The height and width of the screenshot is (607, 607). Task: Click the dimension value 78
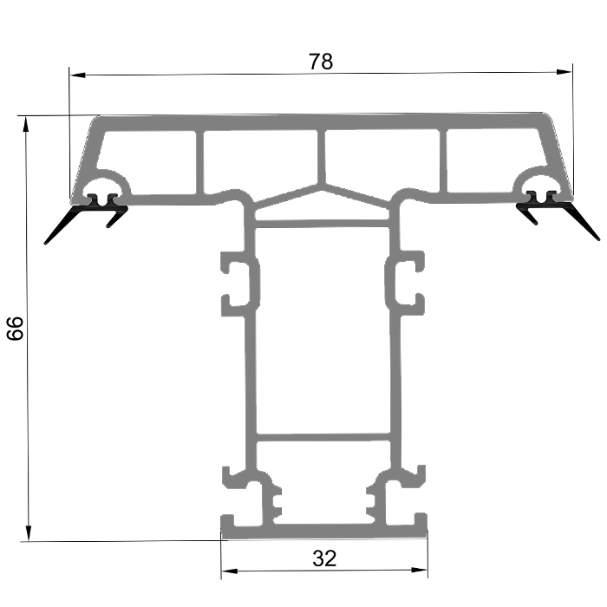[321, 62]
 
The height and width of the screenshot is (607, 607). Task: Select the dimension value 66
[16, 329]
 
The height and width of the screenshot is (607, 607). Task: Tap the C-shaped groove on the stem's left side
[238, 283]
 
